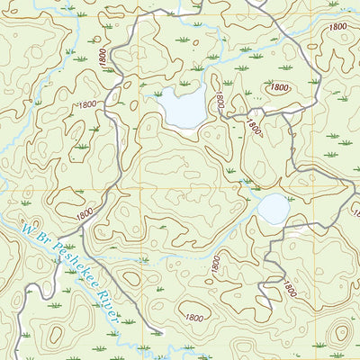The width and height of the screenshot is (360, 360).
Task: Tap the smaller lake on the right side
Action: (x=274, y=209)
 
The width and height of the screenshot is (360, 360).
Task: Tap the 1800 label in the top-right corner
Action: (x=337, y=28)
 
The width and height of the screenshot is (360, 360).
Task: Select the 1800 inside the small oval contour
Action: (x=279, y=87)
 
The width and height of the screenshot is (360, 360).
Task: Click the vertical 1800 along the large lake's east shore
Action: (x=219, y=100)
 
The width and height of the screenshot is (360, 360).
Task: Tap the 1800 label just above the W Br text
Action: (x=85, y=215)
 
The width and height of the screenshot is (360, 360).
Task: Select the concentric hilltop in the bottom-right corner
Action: (x=340, y=334)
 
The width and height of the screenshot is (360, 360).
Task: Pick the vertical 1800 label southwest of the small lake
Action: (x=216, y=265)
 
